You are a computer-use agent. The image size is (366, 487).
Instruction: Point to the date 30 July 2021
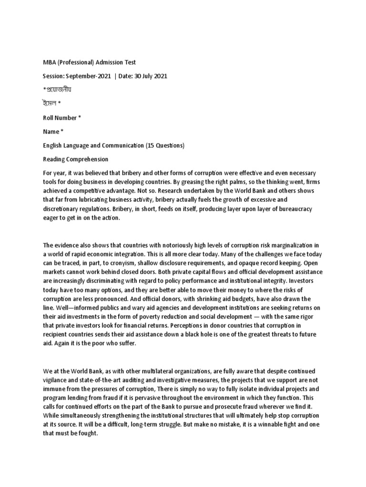coord(151,76)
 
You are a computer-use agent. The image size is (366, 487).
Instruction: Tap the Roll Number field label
coord(60,117)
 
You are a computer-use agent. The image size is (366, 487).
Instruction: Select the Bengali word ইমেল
coord(51,104)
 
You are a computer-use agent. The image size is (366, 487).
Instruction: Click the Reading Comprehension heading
coord(76,159)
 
